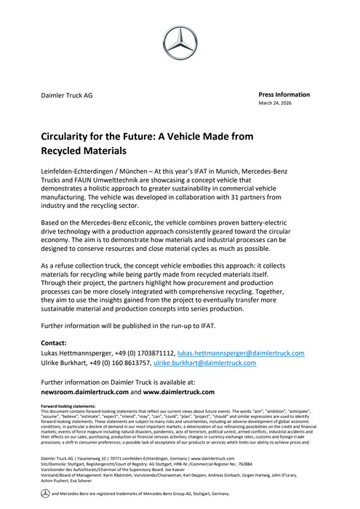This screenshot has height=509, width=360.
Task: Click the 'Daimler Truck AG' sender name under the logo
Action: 66,95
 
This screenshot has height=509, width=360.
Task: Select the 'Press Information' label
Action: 284,95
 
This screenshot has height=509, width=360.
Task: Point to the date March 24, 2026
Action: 276,104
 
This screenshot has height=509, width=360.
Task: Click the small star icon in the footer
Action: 44,494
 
